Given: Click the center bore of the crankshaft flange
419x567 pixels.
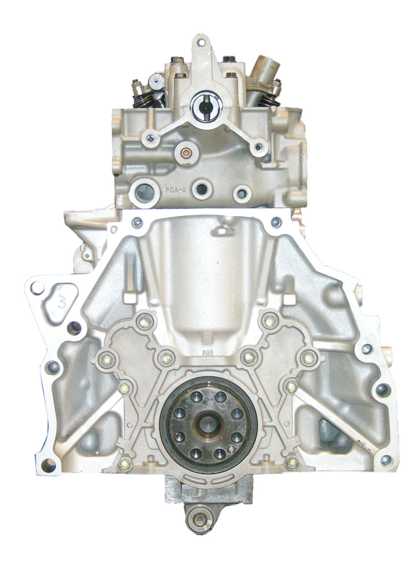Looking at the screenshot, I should (207, 424).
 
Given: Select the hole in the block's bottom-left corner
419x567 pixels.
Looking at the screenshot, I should (48, 465).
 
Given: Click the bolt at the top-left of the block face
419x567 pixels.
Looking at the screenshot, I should (136, 223).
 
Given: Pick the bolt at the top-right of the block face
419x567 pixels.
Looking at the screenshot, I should (276, 222).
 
